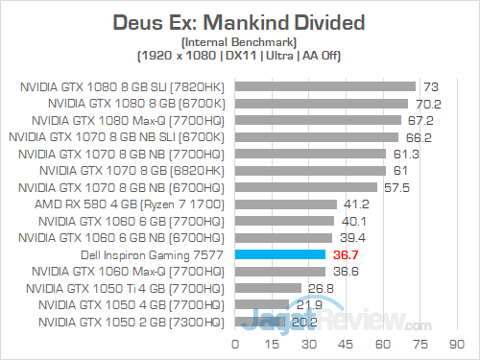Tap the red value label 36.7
click(x=345, y=254)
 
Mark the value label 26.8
click(x=320, y=288)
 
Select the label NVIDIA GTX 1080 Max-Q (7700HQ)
click(x=138, y=120)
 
